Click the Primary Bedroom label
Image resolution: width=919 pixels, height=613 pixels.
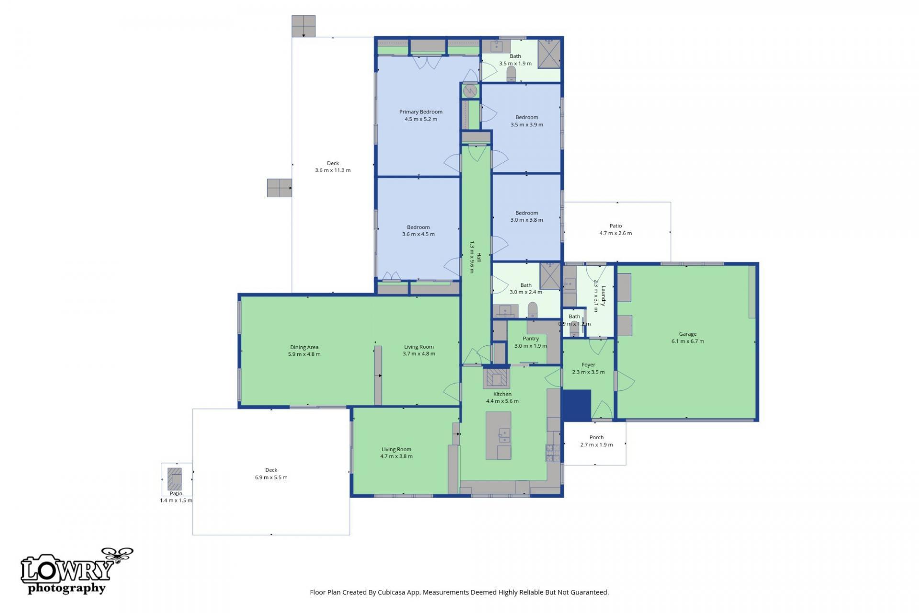click(x=421, y=112)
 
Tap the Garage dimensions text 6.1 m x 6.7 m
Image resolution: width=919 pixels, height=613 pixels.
click(x=687, y=341)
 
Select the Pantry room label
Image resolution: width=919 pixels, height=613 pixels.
click(x=530, y=339)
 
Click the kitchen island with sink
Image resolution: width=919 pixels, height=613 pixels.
click(x=498, y=435)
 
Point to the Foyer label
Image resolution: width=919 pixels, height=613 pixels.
click(x=588, y=365)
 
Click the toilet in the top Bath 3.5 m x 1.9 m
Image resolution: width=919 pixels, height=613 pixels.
click(x=511, y=73)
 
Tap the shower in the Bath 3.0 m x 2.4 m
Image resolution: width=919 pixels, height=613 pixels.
click(x=550, y=276)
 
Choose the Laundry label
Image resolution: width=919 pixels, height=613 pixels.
click(x=604, y=296)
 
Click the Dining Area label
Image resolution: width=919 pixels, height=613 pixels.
click(x=304, y=347)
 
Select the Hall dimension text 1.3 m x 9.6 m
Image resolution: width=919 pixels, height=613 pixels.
click(x=471, y=257)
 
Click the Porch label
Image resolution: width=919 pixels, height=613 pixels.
click(x=596, y=437)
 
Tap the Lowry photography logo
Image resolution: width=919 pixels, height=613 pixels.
click(x=72, y=572)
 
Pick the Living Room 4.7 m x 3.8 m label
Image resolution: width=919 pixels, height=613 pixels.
click(x=396, y=449)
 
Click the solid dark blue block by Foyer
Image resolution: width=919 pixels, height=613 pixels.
click(x=577, y=405)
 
